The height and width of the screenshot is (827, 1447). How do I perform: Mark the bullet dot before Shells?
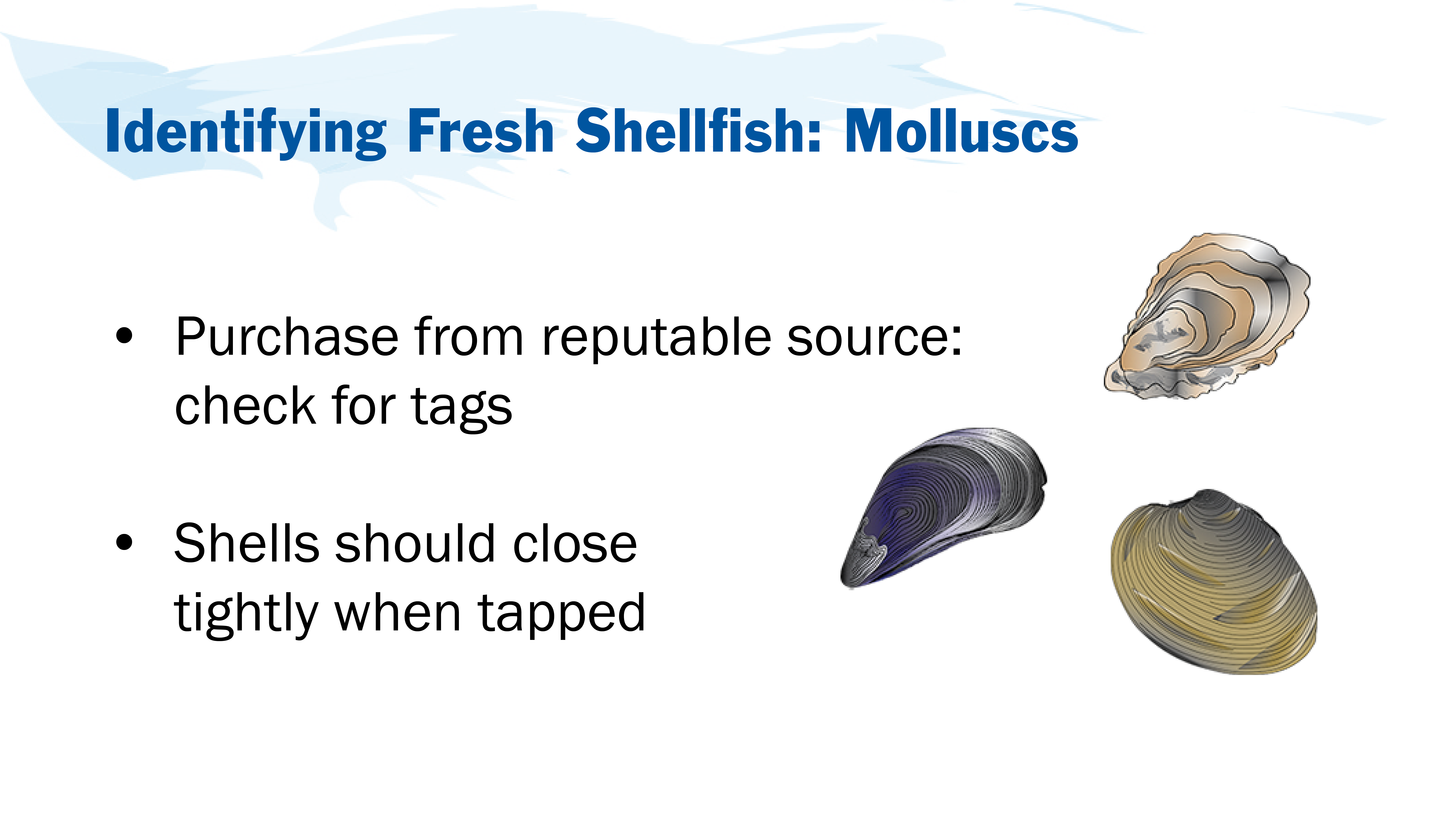[124, 542]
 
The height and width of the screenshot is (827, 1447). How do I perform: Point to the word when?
[398, 613]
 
